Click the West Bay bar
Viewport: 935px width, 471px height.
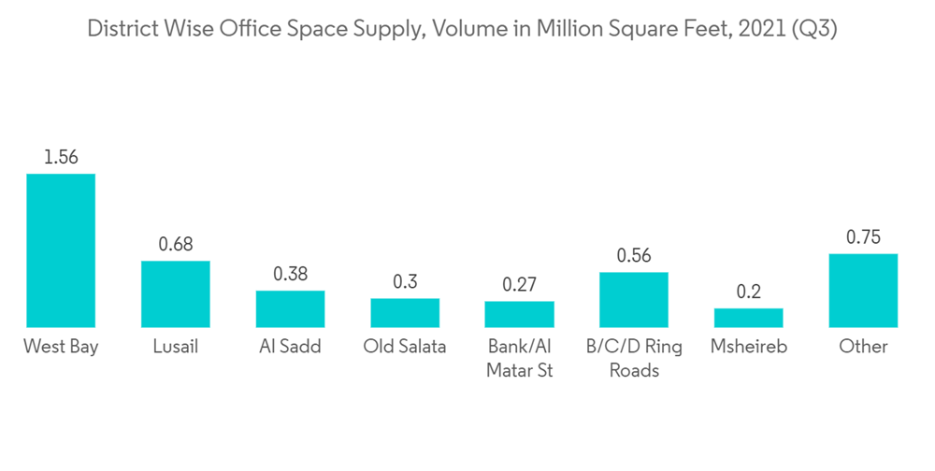(x=61, y=250)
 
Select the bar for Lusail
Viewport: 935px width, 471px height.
(x=176, y=293)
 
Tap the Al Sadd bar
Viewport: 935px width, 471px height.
(x=290, y=308)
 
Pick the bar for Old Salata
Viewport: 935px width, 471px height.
(x=405, y=312)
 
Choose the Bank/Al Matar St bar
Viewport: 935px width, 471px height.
(x=519, y=314)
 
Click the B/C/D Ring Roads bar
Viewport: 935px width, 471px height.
(x=634, y=299)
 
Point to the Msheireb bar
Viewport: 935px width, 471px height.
(x=749, y=318)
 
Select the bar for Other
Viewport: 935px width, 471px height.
(x=863, y=290)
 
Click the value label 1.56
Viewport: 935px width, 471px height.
(x=61, y=157)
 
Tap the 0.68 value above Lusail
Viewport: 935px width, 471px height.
(x=176, y=244)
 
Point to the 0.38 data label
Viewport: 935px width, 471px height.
(x=290, y=274)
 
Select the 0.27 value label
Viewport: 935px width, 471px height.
(x=519, y=284)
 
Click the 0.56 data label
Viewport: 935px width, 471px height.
(x=634, y=255)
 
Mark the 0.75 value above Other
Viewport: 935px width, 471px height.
(x=863, y=237)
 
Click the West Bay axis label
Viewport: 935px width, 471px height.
(x=61, y=347)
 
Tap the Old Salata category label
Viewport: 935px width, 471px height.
(x=405, y=347)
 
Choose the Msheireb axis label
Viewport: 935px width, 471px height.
(x=749, y=347)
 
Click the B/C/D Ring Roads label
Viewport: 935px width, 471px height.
(x=634, y=358)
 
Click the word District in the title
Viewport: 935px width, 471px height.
(x=119, y=29)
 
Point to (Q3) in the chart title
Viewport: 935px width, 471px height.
(x=813, y=29)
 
